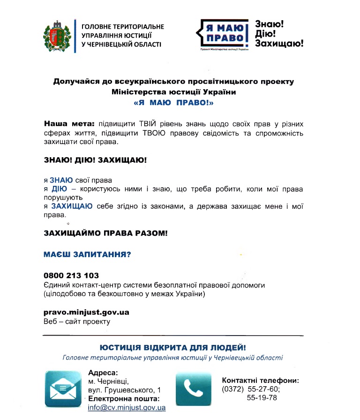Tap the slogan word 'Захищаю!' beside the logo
click(x=279, y=43)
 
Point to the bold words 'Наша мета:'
click(x=69, y=124)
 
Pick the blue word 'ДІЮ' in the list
click(x=59, y=189)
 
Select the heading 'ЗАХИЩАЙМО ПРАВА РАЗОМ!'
click(x=105, y=233)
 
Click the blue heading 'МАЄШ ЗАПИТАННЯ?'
click(x=87, y=254)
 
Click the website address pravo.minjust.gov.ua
click(x=86, y=312)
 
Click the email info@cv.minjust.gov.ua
click(x=127, y=407)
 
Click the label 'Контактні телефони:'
click(x=260, y=381)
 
